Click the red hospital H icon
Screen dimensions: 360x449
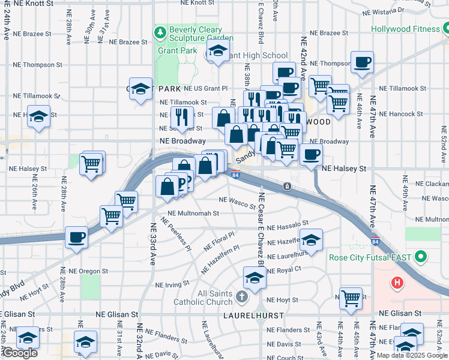pyautogui.click(x=396, y=282)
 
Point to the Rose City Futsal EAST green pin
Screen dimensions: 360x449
pyautogui.click(x=421, y=257)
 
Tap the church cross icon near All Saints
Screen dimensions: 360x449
pyautogui.click(x=241, y=296)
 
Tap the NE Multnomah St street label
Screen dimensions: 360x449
pyautogui.click(x=193, y=213)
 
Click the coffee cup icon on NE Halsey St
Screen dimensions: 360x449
pyautogui.click(x=311, y=155)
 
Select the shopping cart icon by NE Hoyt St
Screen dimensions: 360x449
pyautogui.click(x=351, y=297)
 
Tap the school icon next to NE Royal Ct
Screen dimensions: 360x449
pyautogui.click(x=255, y=278)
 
